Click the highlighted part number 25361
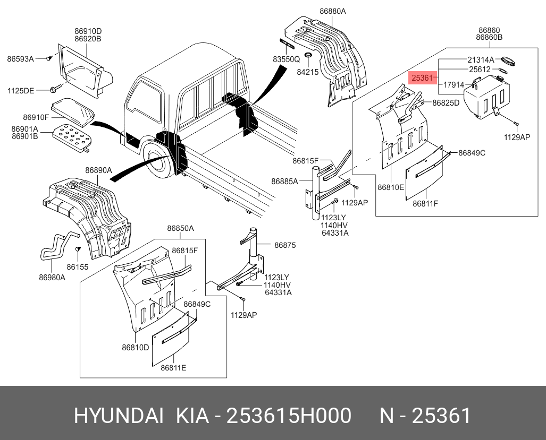(x=423, y=78)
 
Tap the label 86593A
(x=20, y=59)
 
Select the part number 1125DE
(x=21, y=91)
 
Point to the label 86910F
(x=36, y=117)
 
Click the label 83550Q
(x=287, y=60)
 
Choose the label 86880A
(x=333, y=11)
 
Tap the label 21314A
(x=481, y=59)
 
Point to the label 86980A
(x=52, y=278)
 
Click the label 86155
(x=78, y=267)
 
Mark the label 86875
(x=285, y=245)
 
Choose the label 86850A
(x=180, y=229)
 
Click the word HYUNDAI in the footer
(x=119, y=416)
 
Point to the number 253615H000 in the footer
(x=289, y=416)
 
